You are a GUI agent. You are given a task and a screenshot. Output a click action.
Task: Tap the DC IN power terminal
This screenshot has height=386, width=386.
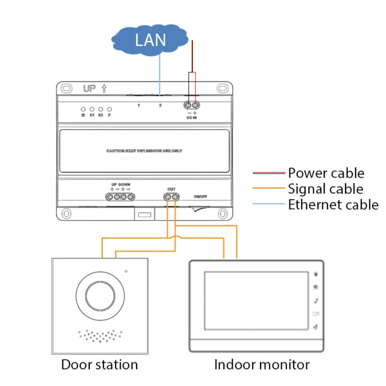click(x=192, y=105)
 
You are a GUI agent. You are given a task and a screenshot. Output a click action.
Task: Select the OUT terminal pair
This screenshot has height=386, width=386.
click(x=171, y=197)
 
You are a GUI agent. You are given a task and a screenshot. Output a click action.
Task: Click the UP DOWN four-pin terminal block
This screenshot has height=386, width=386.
click(x=121, y=196)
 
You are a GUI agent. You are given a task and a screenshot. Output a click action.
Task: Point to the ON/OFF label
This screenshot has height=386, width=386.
click(x=200, y=197)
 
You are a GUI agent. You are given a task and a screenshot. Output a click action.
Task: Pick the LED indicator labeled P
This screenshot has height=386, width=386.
click(x=110, y=110)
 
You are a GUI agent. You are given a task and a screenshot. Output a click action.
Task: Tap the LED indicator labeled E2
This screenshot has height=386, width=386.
click(x=100, y=110)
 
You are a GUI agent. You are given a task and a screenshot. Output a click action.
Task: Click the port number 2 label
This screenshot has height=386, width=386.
click(x=160, y=105)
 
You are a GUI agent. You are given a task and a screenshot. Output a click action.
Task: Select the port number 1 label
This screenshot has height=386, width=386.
click(x=138, y=105)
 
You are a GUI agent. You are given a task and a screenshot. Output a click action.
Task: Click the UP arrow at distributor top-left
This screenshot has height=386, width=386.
click(x=104, y=89)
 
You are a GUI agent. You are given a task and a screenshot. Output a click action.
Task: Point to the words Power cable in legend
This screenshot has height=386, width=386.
click(x=326, y=173)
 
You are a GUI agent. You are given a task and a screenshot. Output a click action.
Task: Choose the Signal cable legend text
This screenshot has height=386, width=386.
click(x=326, y=189)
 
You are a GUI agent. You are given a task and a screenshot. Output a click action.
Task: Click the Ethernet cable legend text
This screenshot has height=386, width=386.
click(x=333, y=205)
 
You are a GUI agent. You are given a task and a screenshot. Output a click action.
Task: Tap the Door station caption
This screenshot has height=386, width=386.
click(x=99, y=364)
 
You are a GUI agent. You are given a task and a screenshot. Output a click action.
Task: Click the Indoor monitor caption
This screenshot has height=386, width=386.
click(x=262, y=364)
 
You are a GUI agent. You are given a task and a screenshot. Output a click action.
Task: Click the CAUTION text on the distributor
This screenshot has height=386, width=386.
click(x=144, y=151)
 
